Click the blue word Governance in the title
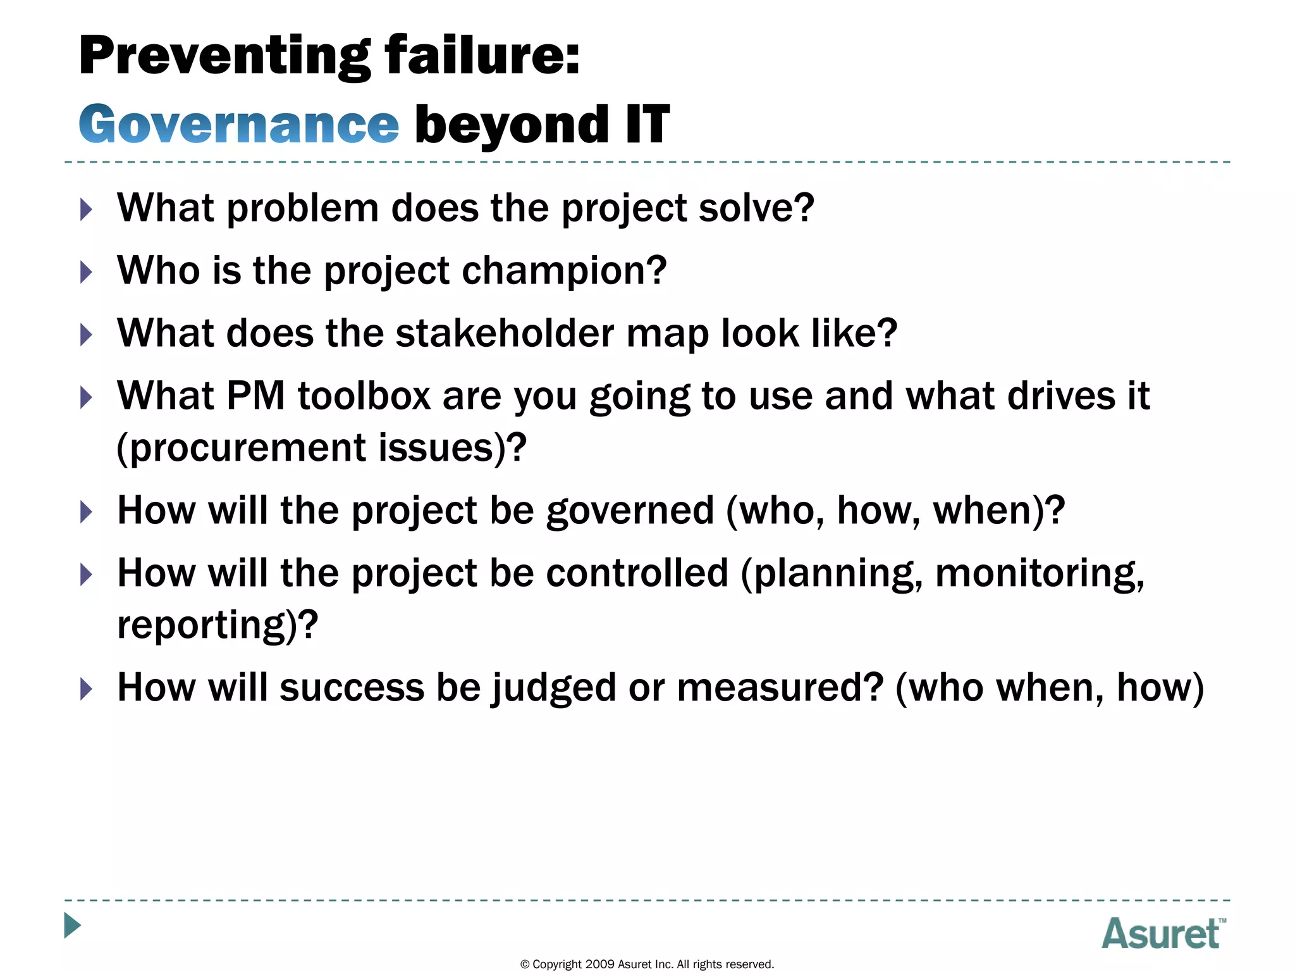pyautogui.click(x=238, y=125)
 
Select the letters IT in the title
pyautogui.click(x=647, y=125)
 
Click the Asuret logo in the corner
pyautogui.click(x=1163, y=933)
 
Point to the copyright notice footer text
pyautogui.click(x=647, y=964)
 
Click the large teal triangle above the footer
pyautogui.click(x=73, y=925)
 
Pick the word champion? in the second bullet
pyautogui.click(x=564, y=271)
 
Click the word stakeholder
pyautogui.click(x=505, y=333)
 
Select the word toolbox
pyautogui.click(x=364, y=396)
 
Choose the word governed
pyautogui.click(x=630, y=511)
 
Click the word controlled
pyautogui.click(x=637, y=573)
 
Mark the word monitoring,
pyautogui.click(x=1040, y=573)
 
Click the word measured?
pyautogui.click(x=780, y=688)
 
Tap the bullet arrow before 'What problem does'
pyautogui.click(x=87, y=209)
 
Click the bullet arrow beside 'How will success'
pyautogui.click(x=87, y=688)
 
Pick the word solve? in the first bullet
pyautogui.click(x=756, y=208)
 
